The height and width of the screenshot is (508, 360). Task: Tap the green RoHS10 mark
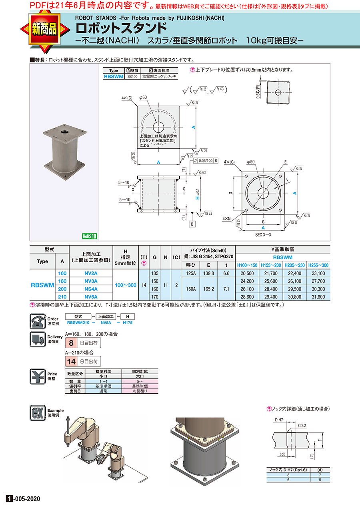[90, 236]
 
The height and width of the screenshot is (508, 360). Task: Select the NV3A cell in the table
[91, 281]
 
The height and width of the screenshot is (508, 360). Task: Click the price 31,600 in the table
[318, 297]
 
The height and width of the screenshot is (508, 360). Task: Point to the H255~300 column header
[318, 265]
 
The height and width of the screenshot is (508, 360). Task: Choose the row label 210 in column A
[62, 297]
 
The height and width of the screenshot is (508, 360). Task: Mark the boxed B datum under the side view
[192, 224]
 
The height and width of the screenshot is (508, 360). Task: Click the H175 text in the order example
[127, 322]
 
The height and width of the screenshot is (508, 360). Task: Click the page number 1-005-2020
[24, 499]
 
